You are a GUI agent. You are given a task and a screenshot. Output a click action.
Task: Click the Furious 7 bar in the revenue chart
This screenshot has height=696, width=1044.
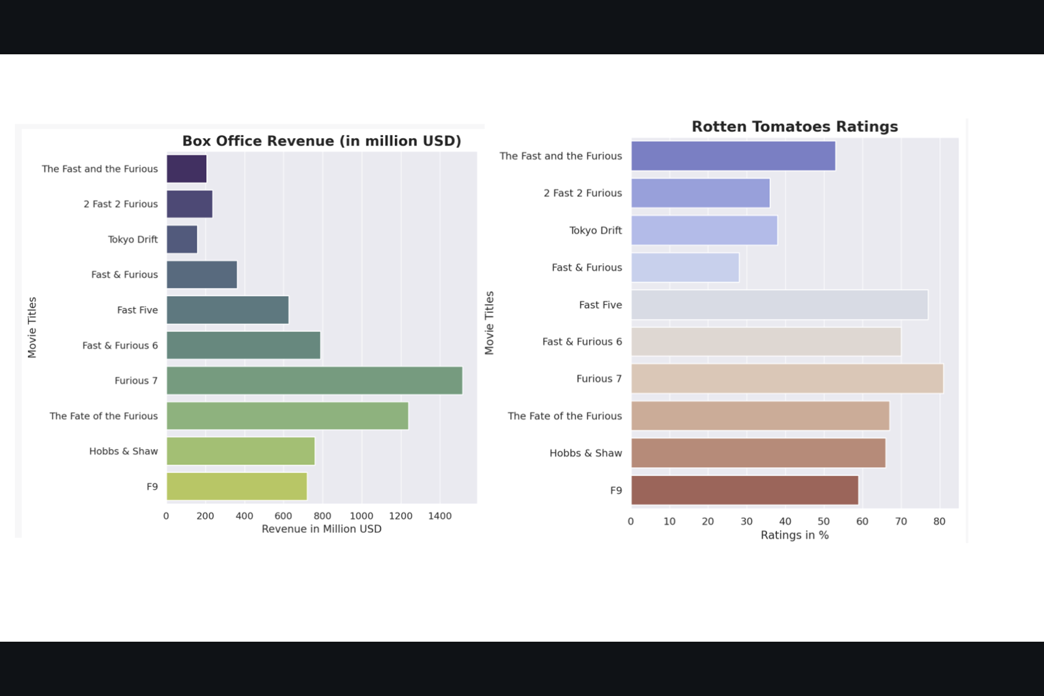click(314, 381)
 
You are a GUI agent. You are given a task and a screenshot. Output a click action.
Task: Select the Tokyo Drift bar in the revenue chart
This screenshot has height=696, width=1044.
click(182, 239)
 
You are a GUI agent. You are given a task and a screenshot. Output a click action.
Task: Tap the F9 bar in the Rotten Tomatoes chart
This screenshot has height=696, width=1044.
click(744, 490)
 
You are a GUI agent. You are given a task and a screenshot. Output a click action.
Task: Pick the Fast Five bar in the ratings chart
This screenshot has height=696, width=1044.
click(779, 305)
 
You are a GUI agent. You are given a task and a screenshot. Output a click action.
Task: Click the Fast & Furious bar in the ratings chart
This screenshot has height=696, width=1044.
click(685, 268)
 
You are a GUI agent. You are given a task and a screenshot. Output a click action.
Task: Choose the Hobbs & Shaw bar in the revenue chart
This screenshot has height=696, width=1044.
click(240, 451)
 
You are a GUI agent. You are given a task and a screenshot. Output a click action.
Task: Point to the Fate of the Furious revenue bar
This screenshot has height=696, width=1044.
click(287, 416)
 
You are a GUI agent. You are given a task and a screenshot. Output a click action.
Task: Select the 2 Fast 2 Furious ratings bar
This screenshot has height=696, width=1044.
click(700, 193)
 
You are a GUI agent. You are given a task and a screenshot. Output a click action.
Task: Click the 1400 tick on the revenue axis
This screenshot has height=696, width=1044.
click(440, 516)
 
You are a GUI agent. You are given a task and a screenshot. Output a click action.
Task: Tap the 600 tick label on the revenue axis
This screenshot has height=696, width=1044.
click(283, 516)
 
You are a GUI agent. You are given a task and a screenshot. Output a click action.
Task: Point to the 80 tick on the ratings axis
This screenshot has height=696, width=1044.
click(939, 521)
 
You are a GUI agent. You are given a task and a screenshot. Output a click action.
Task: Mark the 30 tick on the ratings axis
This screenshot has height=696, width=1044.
click(747, 521)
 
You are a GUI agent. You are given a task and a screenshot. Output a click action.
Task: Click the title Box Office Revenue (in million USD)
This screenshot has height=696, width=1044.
click(321, 141)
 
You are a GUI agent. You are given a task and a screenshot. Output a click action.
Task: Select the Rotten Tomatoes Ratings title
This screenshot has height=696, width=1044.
click(794, 127)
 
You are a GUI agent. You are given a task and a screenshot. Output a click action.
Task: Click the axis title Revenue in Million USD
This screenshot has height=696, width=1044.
click(321, 529)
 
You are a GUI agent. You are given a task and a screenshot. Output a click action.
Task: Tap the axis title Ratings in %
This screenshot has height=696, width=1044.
click(794, 535)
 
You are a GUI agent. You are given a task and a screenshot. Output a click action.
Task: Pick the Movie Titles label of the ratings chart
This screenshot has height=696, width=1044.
click(489, 323)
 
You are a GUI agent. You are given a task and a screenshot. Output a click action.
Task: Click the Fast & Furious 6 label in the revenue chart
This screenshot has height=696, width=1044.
click(120, 345)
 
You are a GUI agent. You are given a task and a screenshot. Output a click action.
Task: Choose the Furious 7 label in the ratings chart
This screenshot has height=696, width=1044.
click(599, 379)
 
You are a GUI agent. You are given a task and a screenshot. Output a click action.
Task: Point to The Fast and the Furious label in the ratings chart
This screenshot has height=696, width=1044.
click(561, 156)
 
